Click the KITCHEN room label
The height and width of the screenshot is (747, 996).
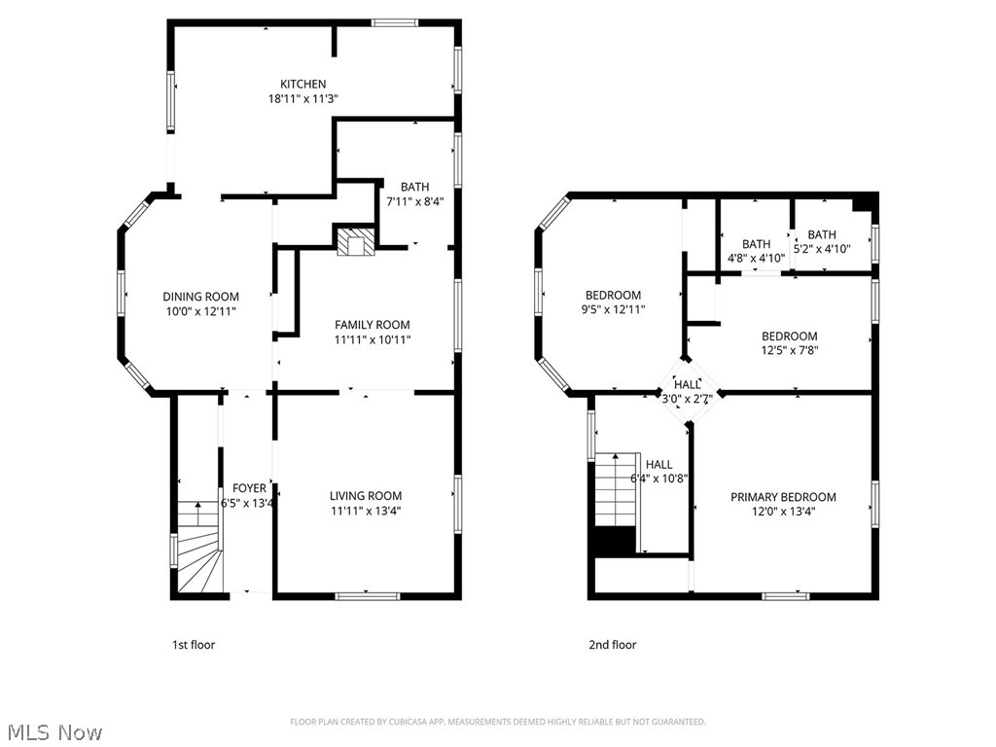pyautogui.click(x=302, y=84)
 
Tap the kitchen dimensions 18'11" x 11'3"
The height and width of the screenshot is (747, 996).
pyautogui.click(x=302, y=98)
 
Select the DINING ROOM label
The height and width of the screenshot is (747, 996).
pyautogui.click(x=200, y=297)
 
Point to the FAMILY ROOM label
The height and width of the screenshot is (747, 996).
pyautogui.click(x=372, y=325)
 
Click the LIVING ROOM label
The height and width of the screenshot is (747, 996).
pyautogui.click(x=365, y=496)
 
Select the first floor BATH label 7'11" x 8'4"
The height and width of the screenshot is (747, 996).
pyautogui.click(x=414, y=187)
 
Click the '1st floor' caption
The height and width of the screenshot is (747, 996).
pyautogui.click(x=194, y=644)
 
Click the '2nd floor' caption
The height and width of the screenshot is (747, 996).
pyautogui.click(x=613, y=644)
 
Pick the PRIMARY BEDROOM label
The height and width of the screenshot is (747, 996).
pyautogui.click(x=783, y=497)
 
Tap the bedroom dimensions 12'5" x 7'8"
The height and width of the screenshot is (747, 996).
pyautogui.click(x=789, y=351)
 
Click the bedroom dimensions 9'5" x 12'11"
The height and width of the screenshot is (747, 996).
pyautogui.click(x=613, y=309)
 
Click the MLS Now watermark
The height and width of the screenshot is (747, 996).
pyautogui.click(x=53, y=731)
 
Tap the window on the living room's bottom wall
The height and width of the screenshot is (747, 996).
pyautogui.click(x=366, y=594)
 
